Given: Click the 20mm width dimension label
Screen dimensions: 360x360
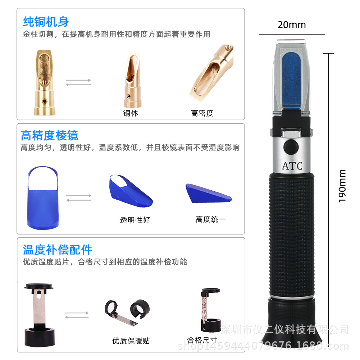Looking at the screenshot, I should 292,25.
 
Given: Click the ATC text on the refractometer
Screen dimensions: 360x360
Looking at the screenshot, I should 292,166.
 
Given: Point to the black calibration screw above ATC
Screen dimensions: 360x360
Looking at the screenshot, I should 290,147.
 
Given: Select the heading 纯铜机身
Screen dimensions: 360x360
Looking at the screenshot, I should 46,22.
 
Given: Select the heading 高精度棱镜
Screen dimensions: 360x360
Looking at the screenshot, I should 49,136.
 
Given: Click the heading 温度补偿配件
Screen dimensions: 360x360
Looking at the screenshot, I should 58,250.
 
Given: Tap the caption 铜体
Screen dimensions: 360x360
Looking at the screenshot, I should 131,113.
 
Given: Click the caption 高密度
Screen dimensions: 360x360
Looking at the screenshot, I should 202,113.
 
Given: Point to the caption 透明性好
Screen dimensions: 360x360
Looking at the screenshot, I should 135,220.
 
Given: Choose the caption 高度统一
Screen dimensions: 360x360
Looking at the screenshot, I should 211,219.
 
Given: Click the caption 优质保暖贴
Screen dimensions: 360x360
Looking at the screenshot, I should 131,341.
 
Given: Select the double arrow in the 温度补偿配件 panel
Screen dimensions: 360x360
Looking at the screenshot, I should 77,315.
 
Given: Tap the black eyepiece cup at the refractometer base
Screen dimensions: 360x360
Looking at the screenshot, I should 291,327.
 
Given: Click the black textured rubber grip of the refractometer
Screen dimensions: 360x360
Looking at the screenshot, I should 291,234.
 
